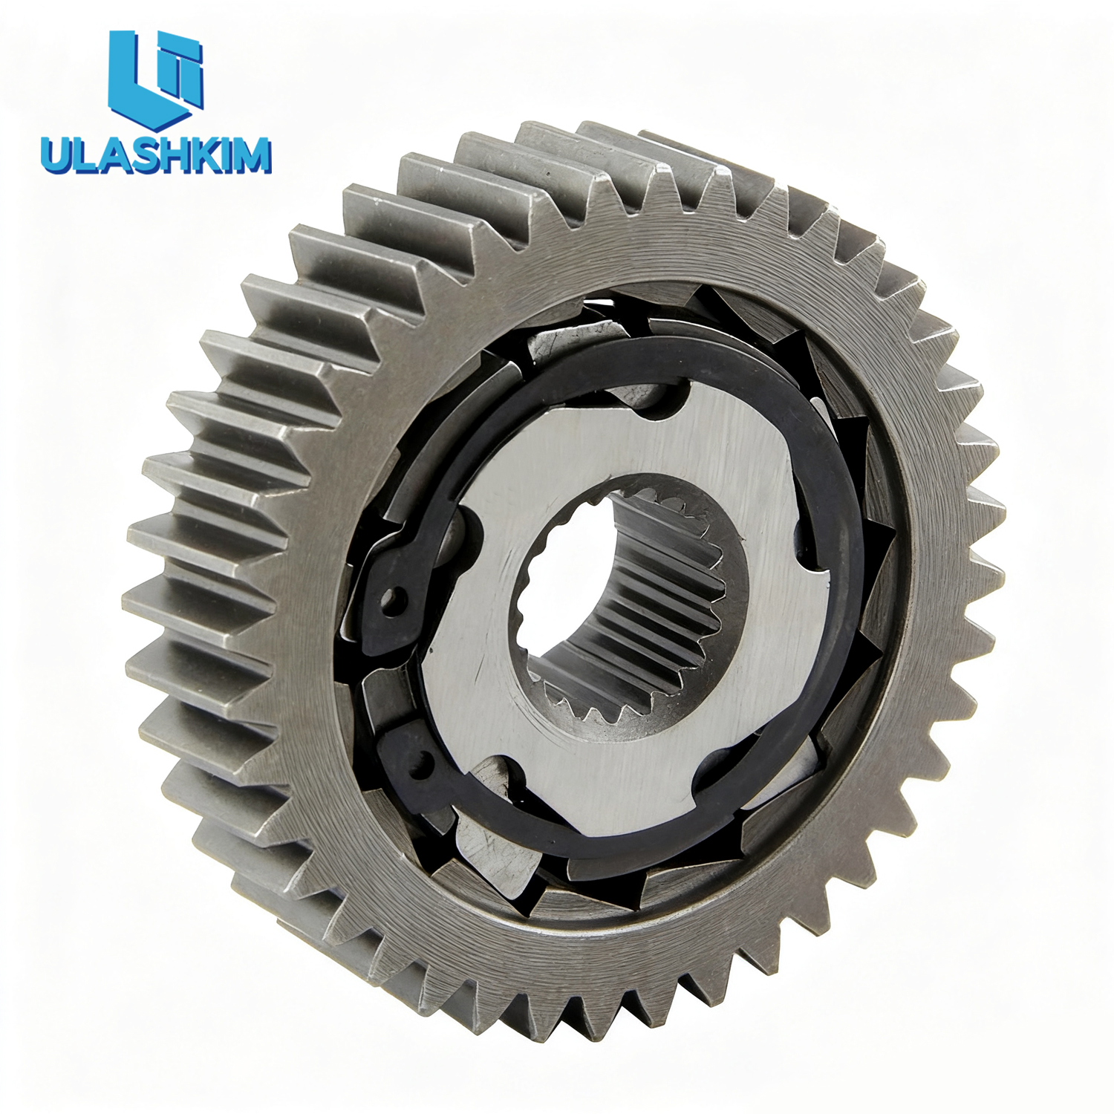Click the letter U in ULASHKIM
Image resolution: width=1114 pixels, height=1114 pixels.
(56, 155)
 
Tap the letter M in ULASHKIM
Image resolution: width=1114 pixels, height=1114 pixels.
(253, 155)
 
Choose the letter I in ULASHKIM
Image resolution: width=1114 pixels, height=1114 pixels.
(224, 155)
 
